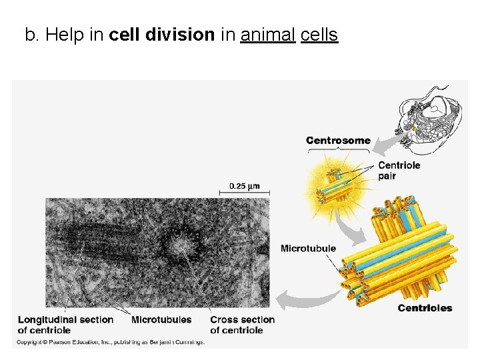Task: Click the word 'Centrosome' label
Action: [x=338, y=141]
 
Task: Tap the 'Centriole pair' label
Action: [x=399, y=171]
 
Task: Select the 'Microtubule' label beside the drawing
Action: [x=308, y=249]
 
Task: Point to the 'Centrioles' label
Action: [x=425, y=308]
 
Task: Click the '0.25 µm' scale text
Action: [x=245, y=186]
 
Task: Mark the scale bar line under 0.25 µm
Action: [x=245, y=193]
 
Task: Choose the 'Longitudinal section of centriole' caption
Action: [x=65, y=325]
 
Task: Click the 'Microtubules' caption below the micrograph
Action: [x=161, y=320]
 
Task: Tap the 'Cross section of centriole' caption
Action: [x=242, y=325]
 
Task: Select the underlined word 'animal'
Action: [x=267, y=35]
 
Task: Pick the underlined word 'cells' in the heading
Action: [x=319, y=35]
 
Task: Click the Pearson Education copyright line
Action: [x=111, y=342]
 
